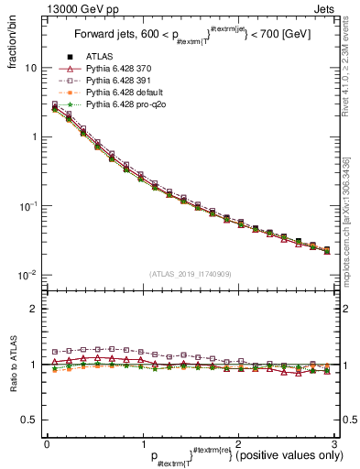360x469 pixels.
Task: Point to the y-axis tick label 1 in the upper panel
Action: (x=34, y=136)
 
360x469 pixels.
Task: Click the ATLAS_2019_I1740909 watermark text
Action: (x=191, y=273)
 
